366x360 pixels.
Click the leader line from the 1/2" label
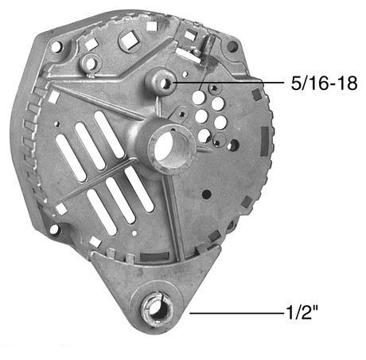point(239,314)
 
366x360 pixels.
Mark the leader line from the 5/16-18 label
point(231,81)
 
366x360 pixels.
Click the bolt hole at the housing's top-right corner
point(232,46)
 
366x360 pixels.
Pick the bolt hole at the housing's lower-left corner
point(54,229)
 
